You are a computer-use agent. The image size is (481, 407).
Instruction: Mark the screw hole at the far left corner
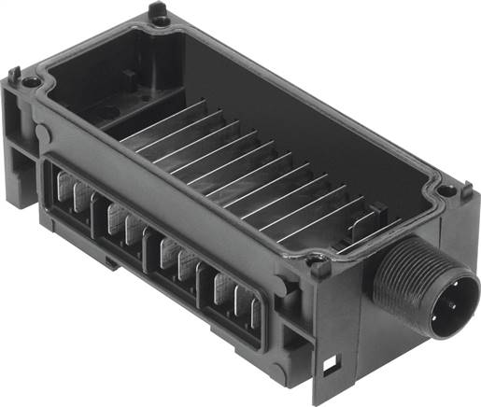click(32, 83)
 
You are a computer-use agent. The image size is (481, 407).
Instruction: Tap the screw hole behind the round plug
click(446, 190)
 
